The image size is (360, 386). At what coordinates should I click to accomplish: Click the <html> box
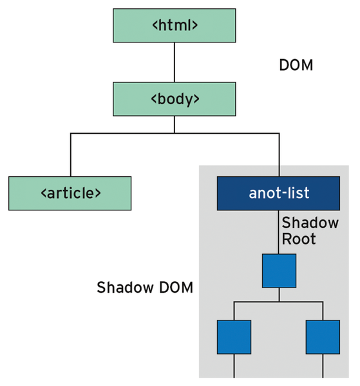point(175,26)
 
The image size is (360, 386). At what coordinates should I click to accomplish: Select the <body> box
point(175,99)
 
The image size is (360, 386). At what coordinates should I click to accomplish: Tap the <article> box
point(70,193)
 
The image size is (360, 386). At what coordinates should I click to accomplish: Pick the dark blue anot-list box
point(278,193)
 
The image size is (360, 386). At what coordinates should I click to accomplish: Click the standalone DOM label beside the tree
point(296,65)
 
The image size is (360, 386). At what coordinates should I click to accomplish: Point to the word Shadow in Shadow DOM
point(125,288)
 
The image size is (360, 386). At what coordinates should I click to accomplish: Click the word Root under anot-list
point(299,239)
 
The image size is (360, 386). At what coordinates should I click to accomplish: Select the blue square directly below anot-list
point(279,271)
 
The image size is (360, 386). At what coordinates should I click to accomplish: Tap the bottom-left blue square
point(234,337)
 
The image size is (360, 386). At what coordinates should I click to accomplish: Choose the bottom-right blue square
point(323,337)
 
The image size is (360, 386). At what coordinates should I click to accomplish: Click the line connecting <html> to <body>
point(175,62)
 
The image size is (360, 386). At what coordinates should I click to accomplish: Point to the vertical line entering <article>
point(71,155)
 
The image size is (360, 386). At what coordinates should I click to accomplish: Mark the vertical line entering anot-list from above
point(279,155)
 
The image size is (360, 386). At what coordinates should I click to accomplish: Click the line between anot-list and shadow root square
point(279,232)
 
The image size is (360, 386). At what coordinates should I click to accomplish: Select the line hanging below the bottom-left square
point(234,366)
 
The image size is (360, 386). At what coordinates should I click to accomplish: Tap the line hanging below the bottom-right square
point(323,366)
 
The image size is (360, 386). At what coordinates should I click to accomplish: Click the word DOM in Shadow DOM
point(176,288)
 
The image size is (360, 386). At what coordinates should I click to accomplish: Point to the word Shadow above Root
point(310,223)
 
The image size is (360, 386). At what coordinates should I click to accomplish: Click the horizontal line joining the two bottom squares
point(278,302)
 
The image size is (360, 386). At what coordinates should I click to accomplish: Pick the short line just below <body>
point(175,124)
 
